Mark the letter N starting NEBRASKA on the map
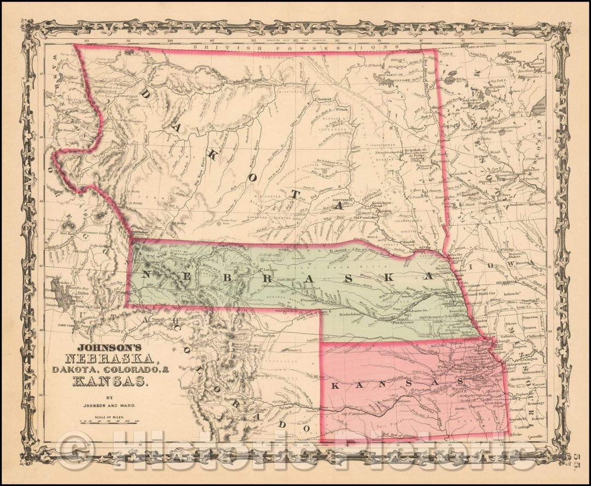[146, 274]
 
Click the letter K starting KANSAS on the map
[336, 386]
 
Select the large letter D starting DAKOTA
[145, 95]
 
